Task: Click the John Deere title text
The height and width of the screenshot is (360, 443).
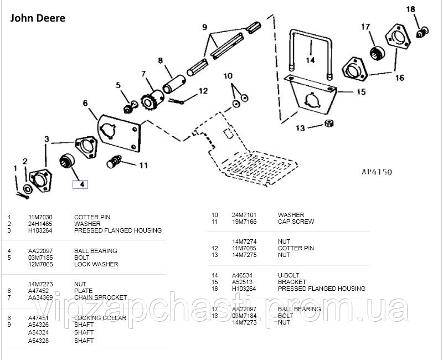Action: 38,18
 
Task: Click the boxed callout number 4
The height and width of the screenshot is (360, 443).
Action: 81,184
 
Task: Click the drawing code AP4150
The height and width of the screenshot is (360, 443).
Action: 372,172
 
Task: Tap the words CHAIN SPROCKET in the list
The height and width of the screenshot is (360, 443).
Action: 100,297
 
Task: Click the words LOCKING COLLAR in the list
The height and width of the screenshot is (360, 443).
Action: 100,318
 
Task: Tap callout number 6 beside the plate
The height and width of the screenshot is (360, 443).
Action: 85,103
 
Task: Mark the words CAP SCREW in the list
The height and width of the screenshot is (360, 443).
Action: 296,222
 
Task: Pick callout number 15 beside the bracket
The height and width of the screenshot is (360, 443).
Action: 360,91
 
